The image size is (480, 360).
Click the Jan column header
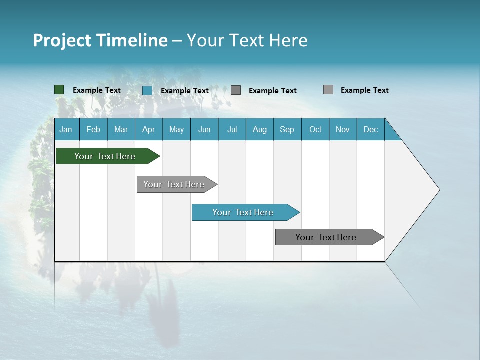66,129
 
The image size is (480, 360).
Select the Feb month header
93,129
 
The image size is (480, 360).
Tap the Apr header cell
149,129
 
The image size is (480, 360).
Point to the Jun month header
204,129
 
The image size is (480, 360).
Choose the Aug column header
260,129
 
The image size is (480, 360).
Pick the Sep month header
287,129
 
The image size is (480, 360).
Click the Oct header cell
315,129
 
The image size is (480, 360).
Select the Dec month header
371,129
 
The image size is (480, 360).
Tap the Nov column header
343,129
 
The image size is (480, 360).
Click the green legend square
59,90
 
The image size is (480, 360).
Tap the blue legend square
147,90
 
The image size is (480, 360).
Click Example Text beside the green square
97,90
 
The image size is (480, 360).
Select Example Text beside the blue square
185,91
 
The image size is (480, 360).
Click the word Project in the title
62,40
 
